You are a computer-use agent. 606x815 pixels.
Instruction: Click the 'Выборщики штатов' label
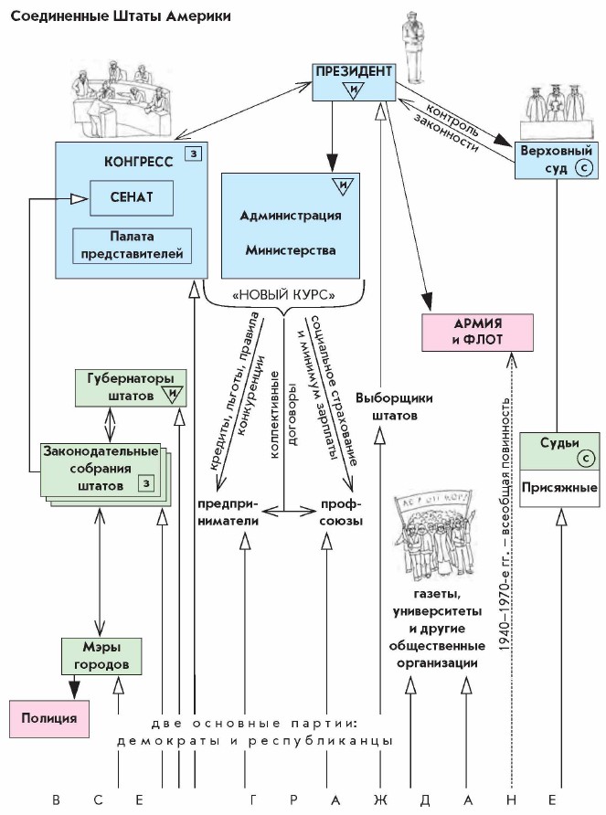[x=394, y=407]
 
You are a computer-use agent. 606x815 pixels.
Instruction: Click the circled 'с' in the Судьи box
[x=582, y=459]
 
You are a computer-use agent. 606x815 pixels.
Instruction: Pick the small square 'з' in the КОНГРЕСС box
[x=192, y=154]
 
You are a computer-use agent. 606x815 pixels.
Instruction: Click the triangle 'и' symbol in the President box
[x=353, y=89]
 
